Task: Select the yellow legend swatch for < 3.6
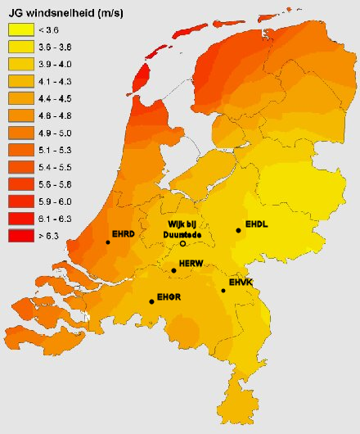21,29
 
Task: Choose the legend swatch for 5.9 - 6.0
21,201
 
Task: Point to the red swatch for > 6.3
21,236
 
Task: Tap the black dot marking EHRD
108,242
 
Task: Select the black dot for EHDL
238,231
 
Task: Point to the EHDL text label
257,223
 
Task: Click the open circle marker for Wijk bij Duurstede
182,244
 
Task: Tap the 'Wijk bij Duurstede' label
183,228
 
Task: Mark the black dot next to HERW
173,270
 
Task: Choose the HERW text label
191,264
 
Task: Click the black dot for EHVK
223,291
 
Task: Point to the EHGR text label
169,296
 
